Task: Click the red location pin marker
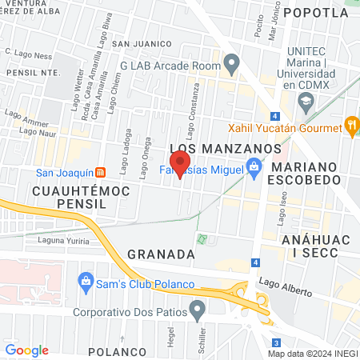(x=180, y=165)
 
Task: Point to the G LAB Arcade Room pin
(x=232, y=62)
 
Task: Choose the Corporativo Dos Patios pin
(x=198, y=308)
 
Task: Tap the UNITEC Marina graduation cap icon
(x=306, y=101)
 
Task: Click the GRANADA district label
(x=161, y=253)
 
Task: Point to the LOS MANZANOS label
(x=226, y=149)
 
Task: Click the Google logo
(x=27, y=350)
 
